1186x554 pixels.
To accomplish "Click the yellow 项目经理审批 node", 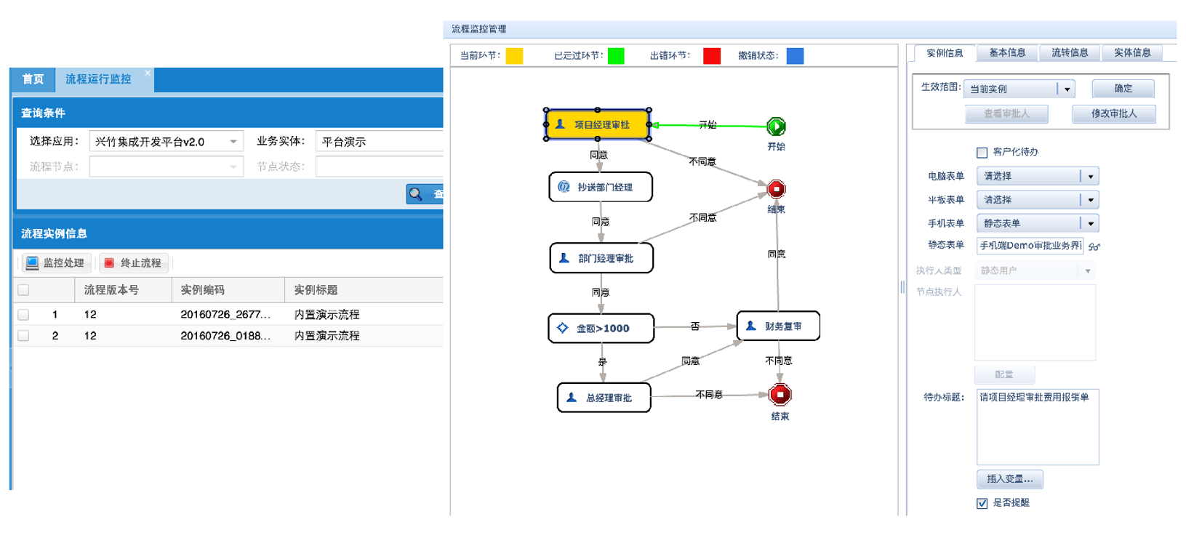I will pos(598,124).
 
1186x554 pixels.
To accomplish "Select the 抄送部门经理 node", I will pos(601,187).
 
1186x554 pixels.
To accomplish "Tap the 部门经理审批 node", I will pos(601,258).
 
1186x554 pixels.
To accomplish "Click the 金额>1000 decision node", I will pos(601,328).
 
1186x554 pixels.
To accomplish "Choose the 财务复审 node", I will pos(778,326).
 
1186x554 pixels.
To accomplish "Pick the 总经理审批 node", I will pos(604,398).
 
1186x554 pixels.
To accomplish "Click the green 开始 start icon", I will pos(776,127).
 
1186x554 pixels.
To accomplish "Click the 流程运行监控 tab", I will pos(98,79).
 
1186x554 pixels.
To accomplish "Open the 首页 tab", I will pos(33,79).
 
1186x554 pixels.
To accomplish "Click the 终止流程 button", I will pos(134,262).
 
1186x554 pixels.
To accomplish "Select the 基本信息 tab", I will pos(1007,53).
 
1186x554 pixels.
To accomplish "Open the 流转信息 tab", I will pos(1070,53).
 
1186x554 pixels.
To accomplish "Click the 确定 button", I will pos(1123,89).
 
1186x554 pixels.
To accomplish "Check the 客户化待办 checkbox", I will pos(982,152).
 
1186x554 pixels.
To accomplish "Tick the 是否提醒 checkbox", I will pos(982,503).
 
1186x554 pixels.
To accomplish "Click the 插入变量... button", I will pos(1009,479).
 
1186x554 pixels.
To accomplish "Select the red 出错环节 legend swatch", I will pos(712,56).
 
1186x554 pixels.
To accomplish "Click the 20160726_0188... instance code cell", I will pos(225,336).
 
